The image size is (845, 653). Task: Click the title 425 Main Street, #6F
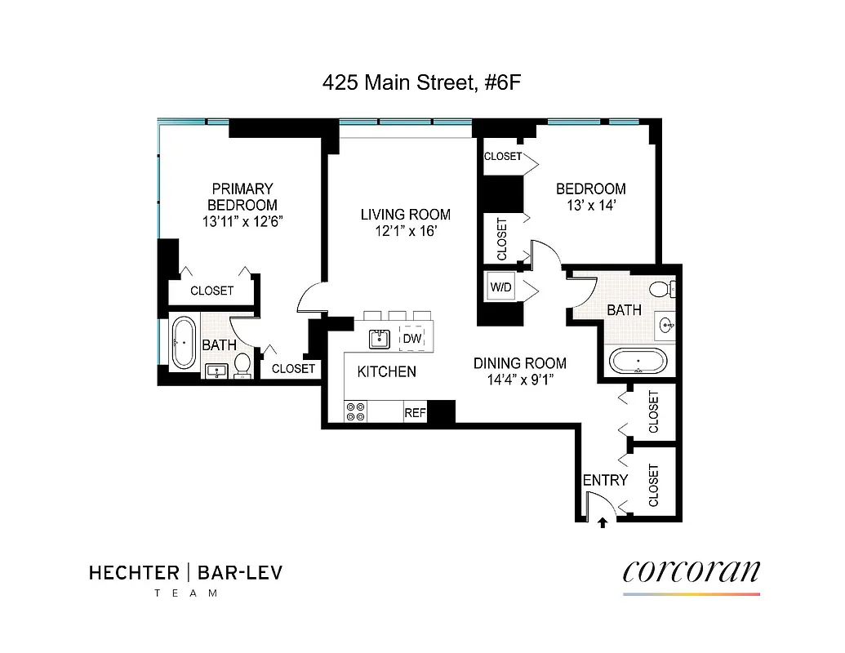click(421, 82)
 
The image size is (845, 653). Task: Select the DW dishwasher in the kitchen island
click(411, 337)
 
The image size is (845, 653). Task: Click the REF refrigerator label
click(416, 413)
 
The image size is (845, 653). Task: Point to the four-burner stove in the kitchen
click(355, 412)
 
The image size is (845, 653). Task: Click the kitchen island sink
click(378, 337)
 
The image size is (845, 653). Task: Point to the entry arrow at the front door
click(603, 523)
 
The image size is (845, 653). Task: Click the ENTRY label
click(605, 481)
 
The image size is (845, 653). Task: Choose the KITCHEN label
click(387, 372)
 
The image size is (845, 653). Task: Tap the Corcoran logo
click(691, 571)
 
